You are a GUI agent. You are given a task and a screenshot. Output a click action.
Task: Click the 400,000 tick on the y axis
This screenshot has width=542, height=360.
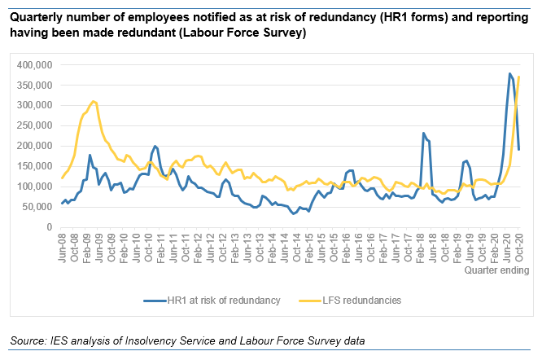(36, 65)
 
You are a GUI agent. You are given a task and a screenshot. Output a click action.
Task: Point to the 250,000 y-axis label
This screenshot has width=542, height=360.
(36, 125)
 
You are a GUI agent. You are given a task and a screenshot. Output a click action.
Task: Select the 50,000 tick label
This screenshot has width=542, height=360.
(38, 207)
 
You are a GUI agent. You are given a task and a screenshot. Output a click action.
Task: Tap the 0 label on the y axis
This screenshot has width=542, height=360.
(50, 227)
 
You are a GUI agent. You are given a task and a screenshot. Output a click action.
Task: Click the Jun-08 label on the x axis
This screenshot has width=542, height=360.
(63, 245)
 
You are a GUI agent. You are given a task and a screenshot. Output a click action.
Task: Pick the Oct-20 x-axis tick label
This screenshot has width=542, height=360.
(518, 245)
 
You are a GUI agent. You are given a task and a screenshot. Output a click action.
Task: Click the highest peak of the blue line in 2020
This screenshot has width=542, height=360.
(509, 73)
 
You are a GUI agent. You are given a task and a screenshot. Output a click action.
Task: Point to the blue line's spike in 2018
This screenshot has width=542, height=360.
(424, 133)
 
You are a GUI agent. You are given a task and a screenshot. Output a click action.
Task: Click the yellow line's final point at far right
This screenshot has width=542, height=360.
(519, 77)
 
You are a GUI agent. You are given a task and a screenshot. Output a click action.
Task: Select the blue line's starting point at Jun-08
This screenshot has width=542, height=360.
(62, 204)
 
